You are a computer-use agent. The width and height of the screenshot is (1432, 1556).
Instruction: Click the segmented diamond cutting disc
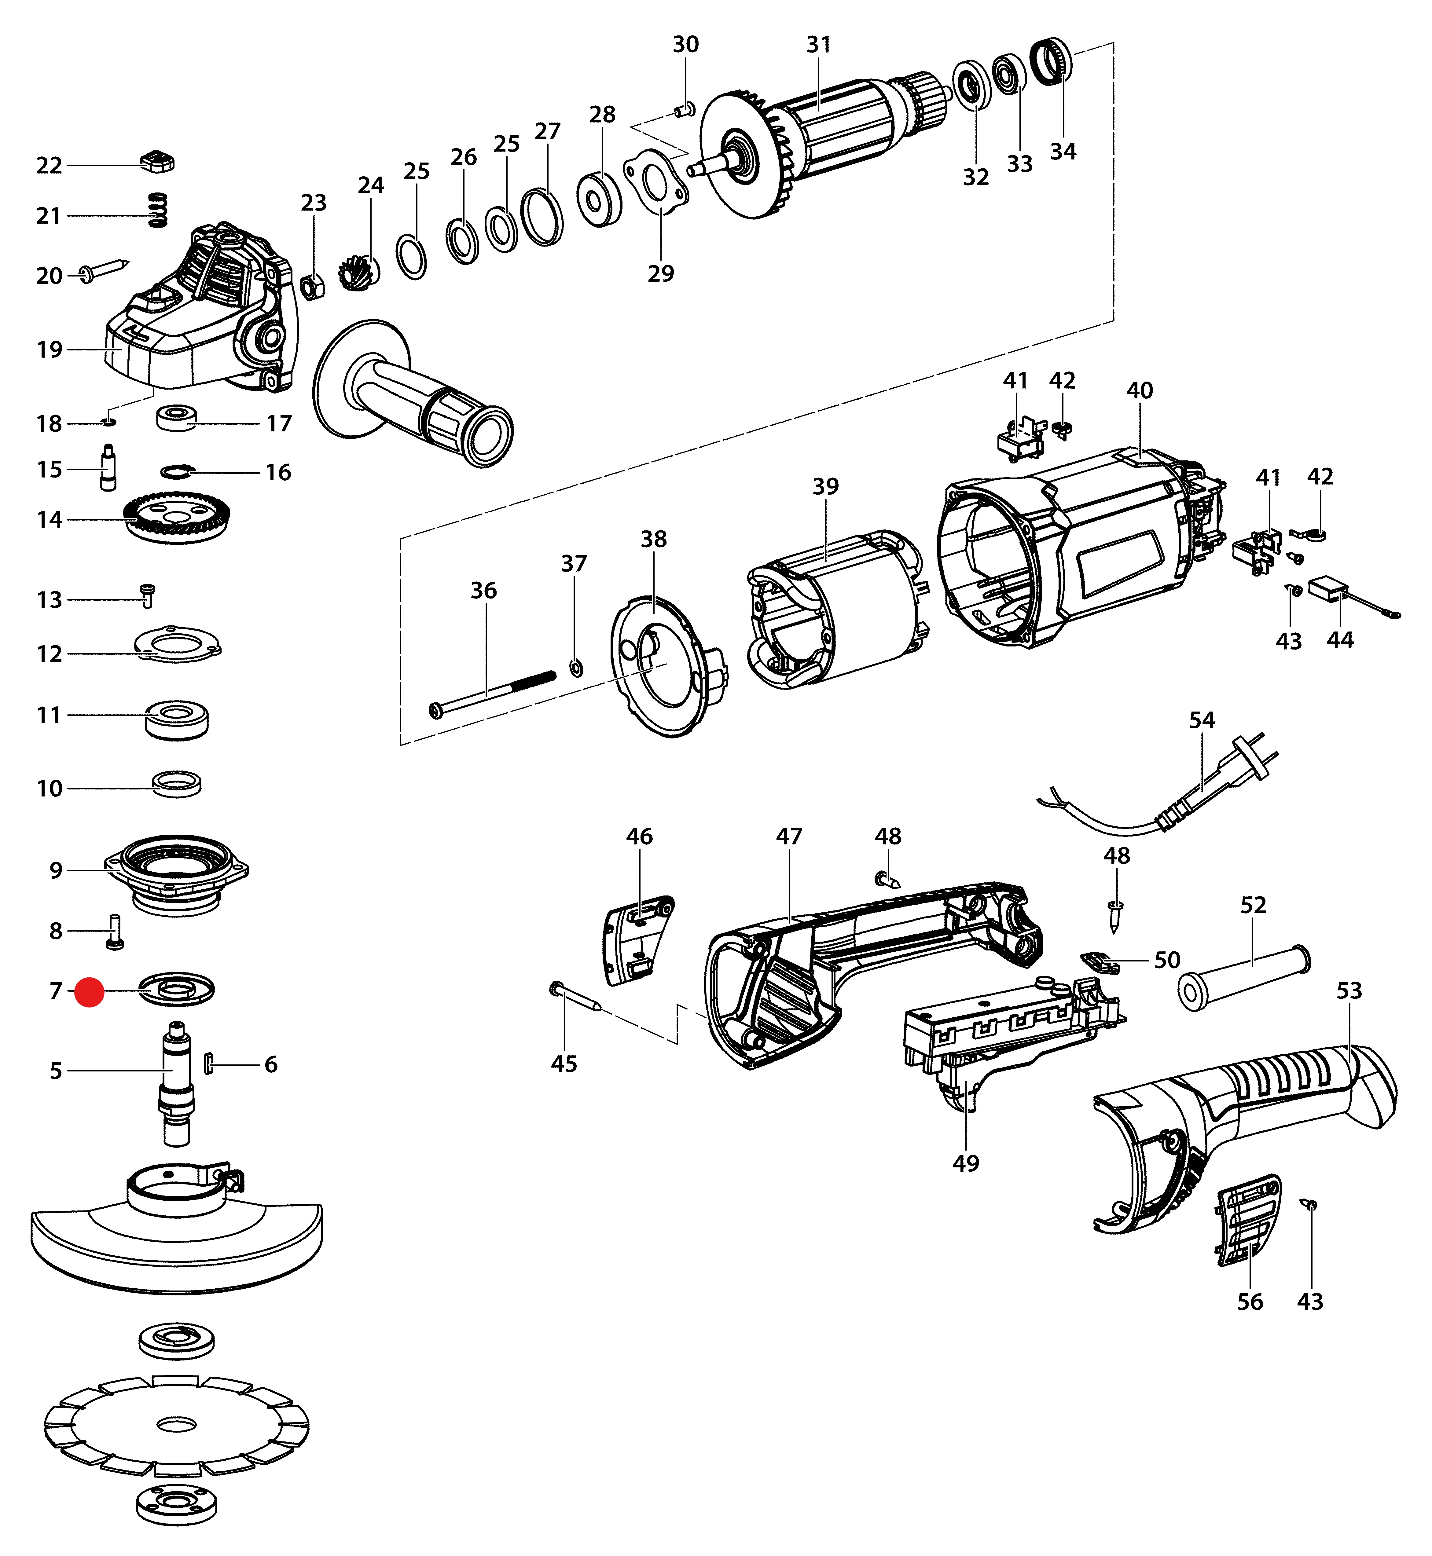(177, 1425)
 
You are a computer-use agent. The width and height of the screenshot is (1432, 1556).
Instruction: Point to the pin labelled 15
(108, 467)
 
